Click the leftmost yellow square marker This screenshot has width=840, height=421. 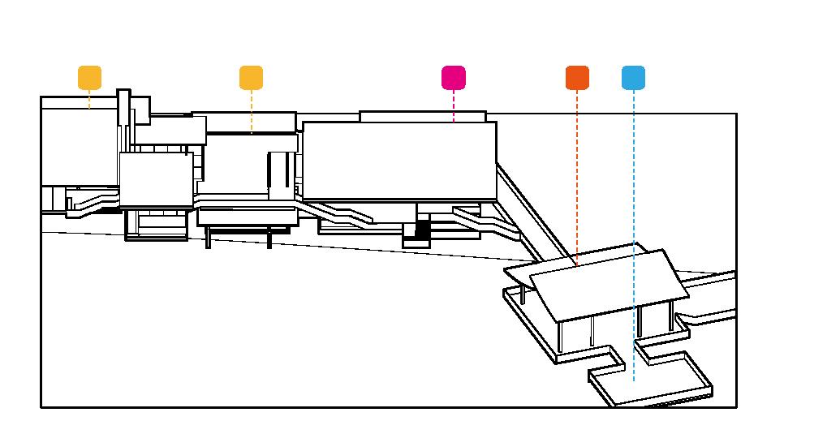pos(89,78)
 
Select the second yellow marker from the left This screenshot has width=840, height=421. pos(252,78)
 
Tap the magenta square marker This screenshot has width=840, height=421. pos(454,78)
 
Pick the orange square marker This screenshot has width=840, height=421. pos(577,78)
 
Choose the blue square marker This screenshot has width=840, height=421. pos(633,78)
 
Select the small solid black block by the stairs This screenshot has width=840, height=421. pos(422,230)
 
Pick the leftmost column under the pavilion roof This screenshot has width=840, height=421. pos(522,294)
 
